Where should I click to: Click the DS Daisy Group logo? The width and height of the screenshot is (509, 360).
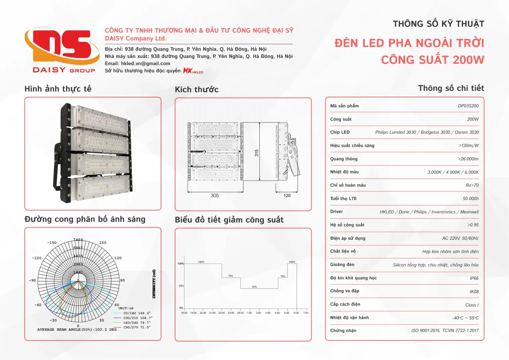[x=60, y=50]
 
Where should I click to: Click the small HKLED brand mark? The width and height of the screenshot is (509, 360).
[x=193, y=71]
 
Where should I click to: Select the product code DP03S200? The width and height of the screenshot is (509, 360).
[x=468, y=106]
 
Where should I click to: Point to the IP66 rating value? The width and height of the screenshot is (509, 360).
[x=474, y=278]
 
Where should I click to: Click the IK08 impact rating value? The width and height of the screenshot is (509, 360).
[x=474, y=292]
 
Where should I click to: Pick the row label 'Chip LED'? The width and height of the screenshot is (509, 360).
[x=340, y=132]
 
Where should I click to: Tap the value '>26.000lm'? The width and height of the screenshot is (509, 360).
[x=468, y=159]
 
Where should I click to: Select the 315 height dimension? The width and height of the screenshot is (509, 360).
[x=257, y=153]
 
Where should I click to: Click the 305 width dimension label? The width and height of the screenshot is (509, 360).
[x=215, y=196]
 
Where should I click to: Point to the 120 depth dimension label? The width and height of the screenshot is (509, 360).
[x=287, y=196]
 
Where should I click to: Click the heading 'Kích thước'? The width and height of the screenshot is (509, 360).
[x=197, y=90]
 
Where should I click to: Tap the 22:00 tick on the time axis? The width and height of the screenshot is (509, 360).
[x=222, y=313]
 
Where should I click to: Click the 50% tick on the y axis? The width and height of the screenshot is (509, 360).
[x=181, y=286]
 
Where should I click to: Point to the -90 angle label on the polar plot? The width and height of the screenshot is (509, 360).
[x=32, y=280]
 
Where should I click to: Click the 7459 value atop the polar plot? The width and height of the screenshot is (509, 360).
[x=78, y=240]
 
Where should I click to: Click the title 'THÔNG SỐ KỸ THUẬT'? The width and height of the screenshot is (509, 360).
[x=438, y=24]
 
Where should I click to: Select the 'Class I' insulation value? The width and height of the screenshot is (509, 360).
[x=472, y=305]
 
